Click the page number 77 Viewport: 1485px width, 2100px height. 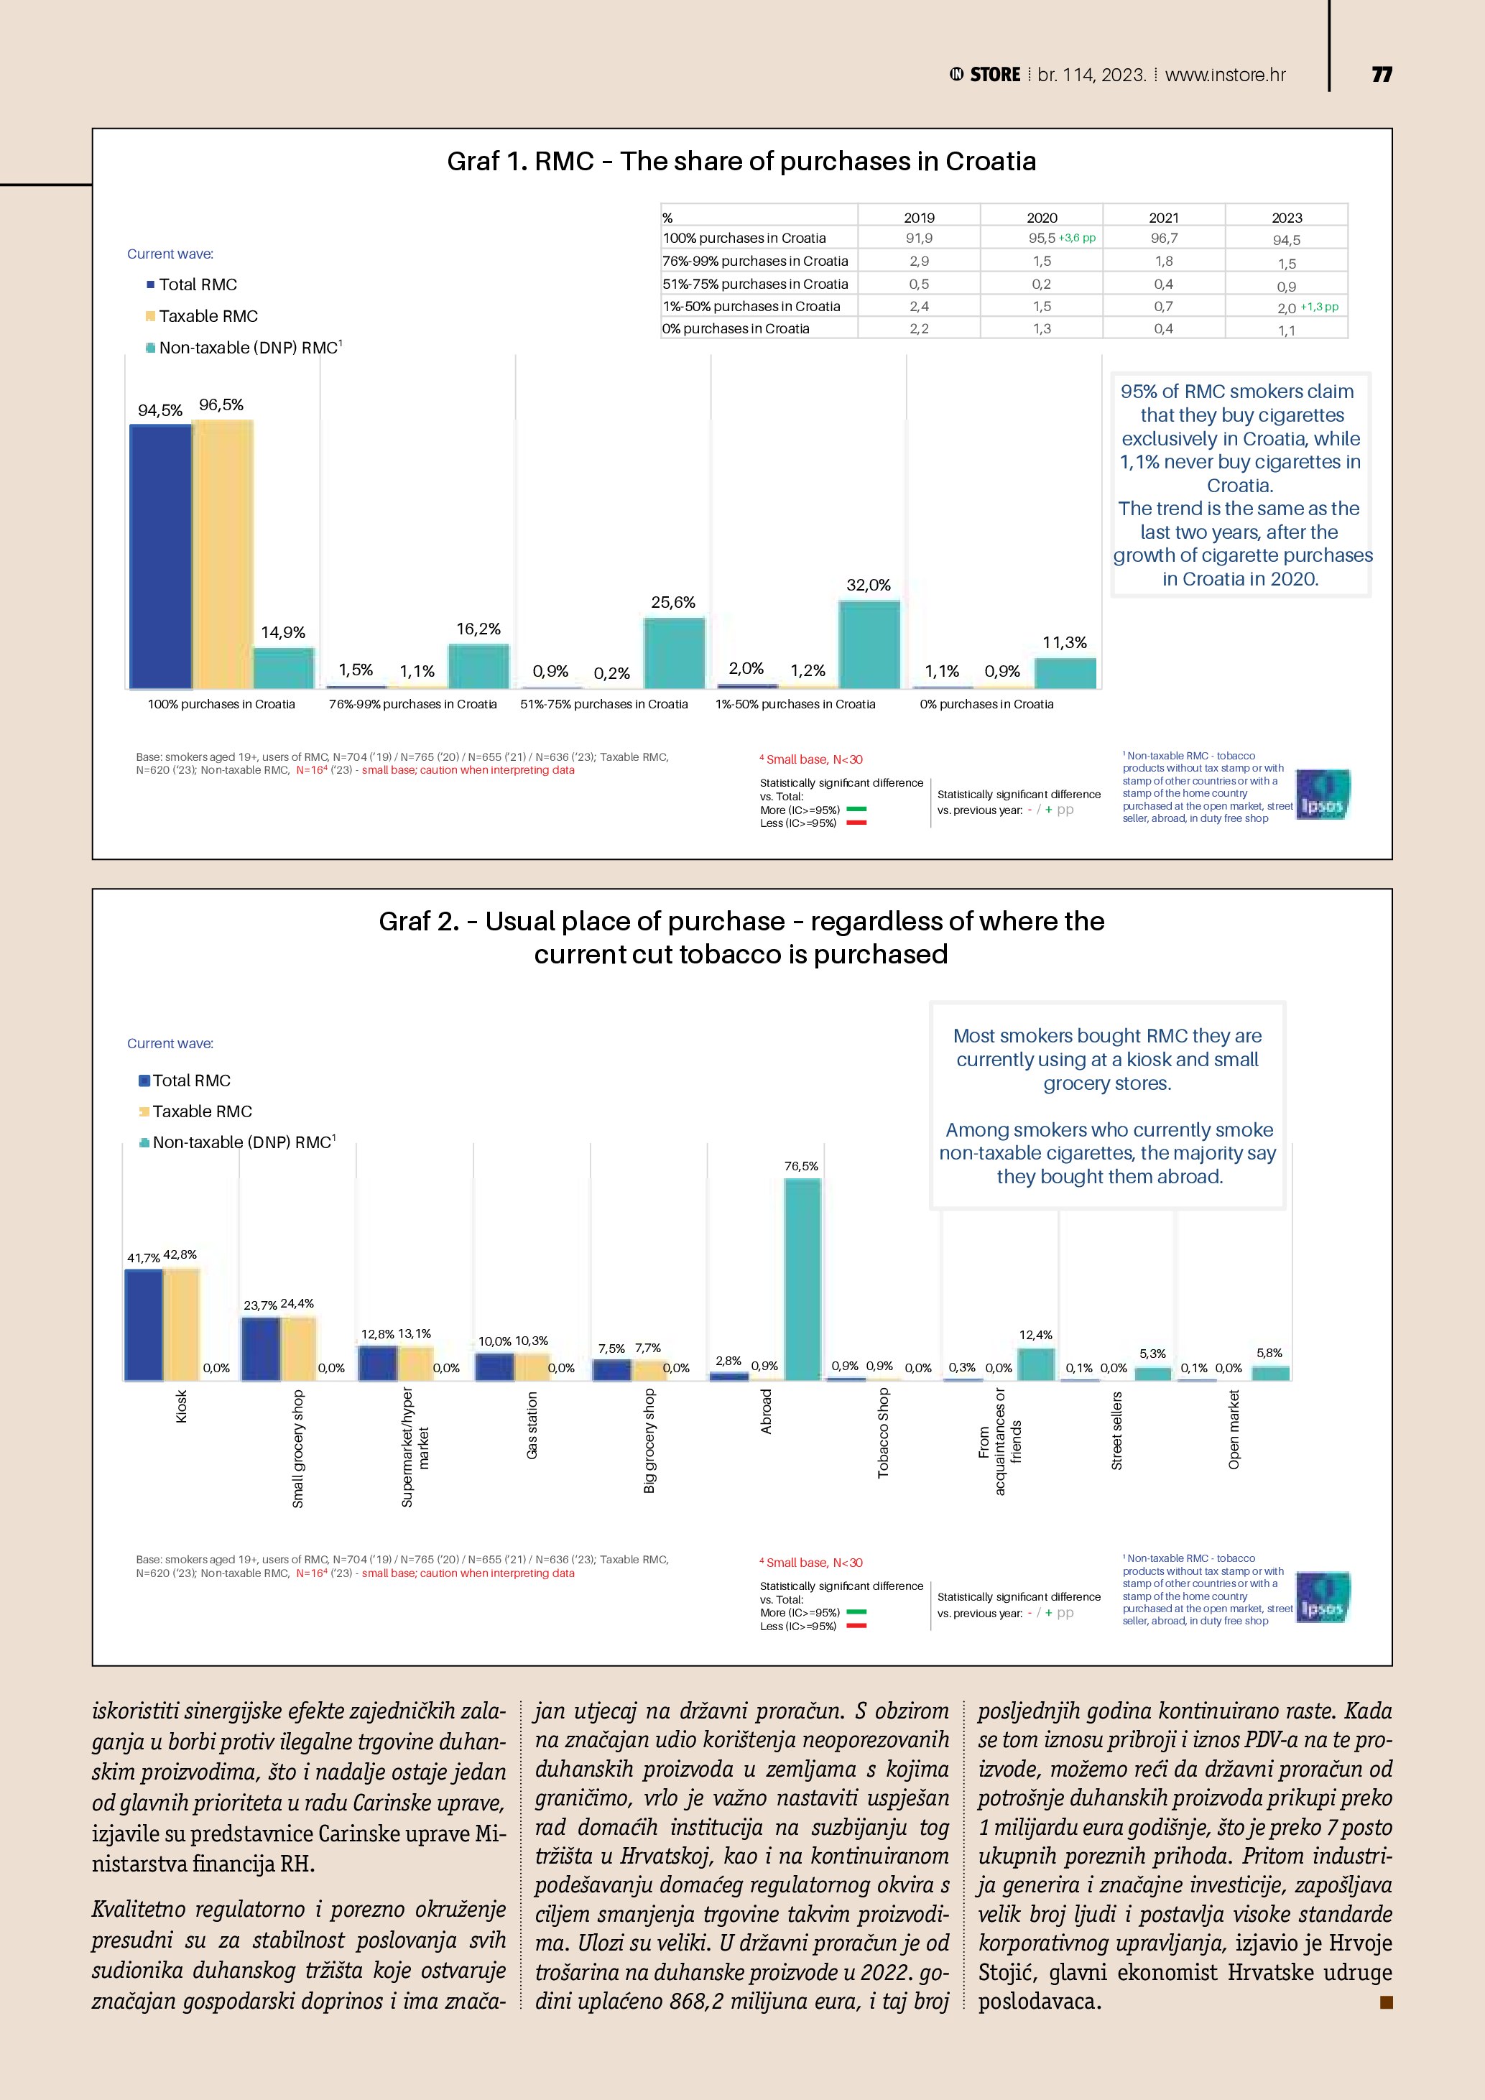pyautogui.click(x=1382, y=75)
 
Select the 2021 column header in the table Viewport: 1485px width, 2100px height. pyautogui.click(x=1163, y=218)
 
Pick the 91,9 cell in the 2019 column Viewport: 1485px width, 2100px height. pyautogui.click(x=919, y=238)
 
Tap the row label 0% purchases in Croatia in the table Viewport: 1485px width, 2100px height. pyautogui.click(x=736, y=328)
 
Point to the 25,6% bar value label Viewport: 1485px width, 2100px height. pyautogui.click(x=673, y=602)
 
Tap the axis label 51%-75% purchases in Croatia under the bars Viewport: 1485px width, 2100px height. pyautogui.click(x=603, y=704)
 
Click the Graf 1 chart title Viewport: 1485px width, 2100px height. pyautogui.click(x=741, y=162)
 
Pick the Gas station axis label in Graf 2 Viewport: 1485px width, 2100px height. pyautogui.click(x=532, y=1425)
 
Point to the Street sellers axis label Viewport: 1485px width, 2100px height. pyautogui.click(x=1116, y=1430)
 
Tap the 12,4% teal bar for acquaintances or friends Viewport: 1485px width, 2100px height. pyautogui.click(x=1036, y=1364)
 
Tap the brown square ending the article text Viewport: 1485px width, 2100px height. pyautogui.click(x=1385, y=2002)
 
